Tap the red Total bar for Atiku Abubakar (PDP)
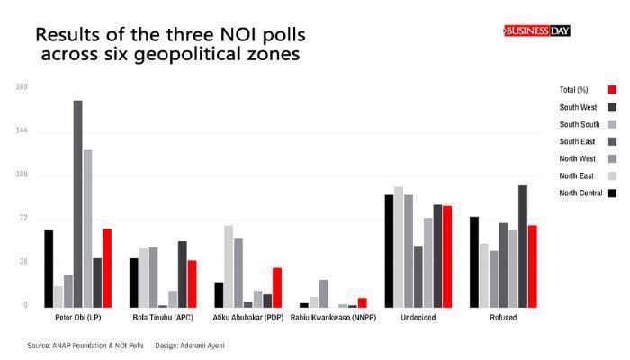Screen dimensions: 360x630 pos(277,287)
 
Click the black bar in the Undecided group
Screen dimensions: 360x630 pos(389,251)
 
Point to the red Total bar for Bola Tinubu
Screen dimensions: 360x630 pos(192,283)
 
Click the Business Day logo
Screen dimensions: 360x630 pos(537,31)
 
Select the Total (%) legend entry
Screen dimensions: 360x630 pos(573,90)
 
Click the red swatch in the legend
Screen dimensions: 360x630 pos(612,90)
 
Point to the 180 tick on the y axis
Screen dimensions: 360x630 pos(22,87)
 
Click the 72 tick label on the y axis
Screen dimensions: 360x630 pos(23,219)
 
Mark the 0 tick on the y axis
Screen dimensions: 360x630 pos(25,306)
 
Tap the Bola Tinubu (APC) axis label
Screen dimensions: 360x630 pos(163,318)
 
